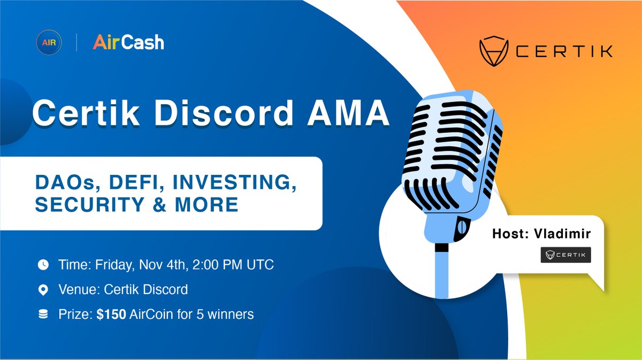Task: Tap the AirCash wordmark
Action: coord(128,42)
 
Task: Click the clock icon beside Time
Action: coord(43,264)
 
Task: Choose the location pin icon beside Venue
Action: coord(43,290)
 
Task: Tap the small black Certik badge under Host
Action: coord(565,255)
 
